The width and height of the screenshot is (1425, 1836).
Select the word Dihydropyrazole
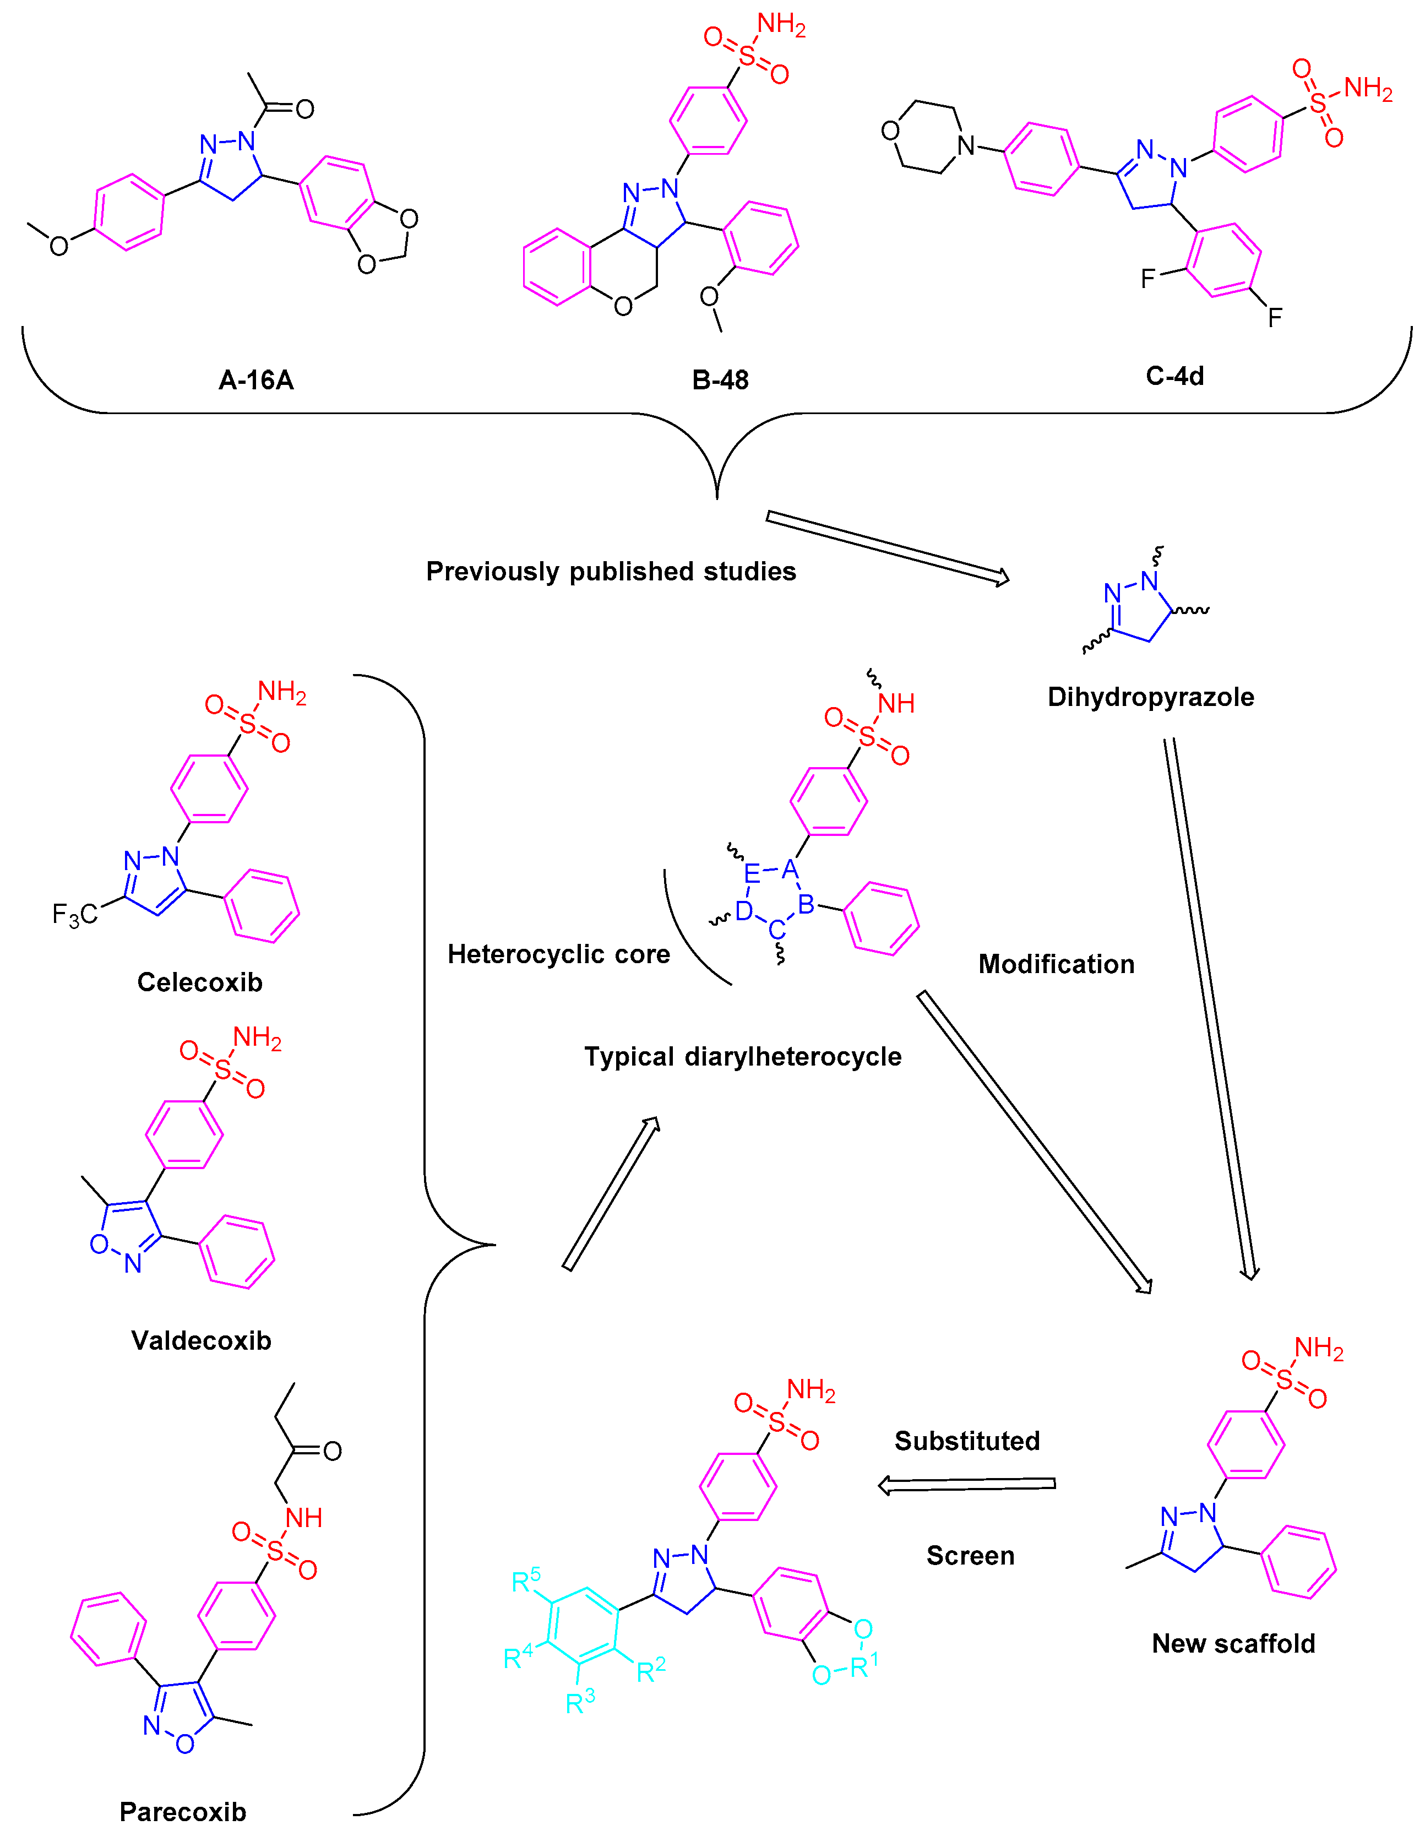click(1150, 697)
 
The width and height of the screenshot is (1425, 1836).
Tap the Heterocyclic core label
click(558, 954)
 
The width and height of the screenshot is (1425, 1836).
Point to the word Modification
click(1056, 964)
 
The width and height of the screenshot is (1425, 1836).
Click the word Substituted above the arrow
click(967, 1441)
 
